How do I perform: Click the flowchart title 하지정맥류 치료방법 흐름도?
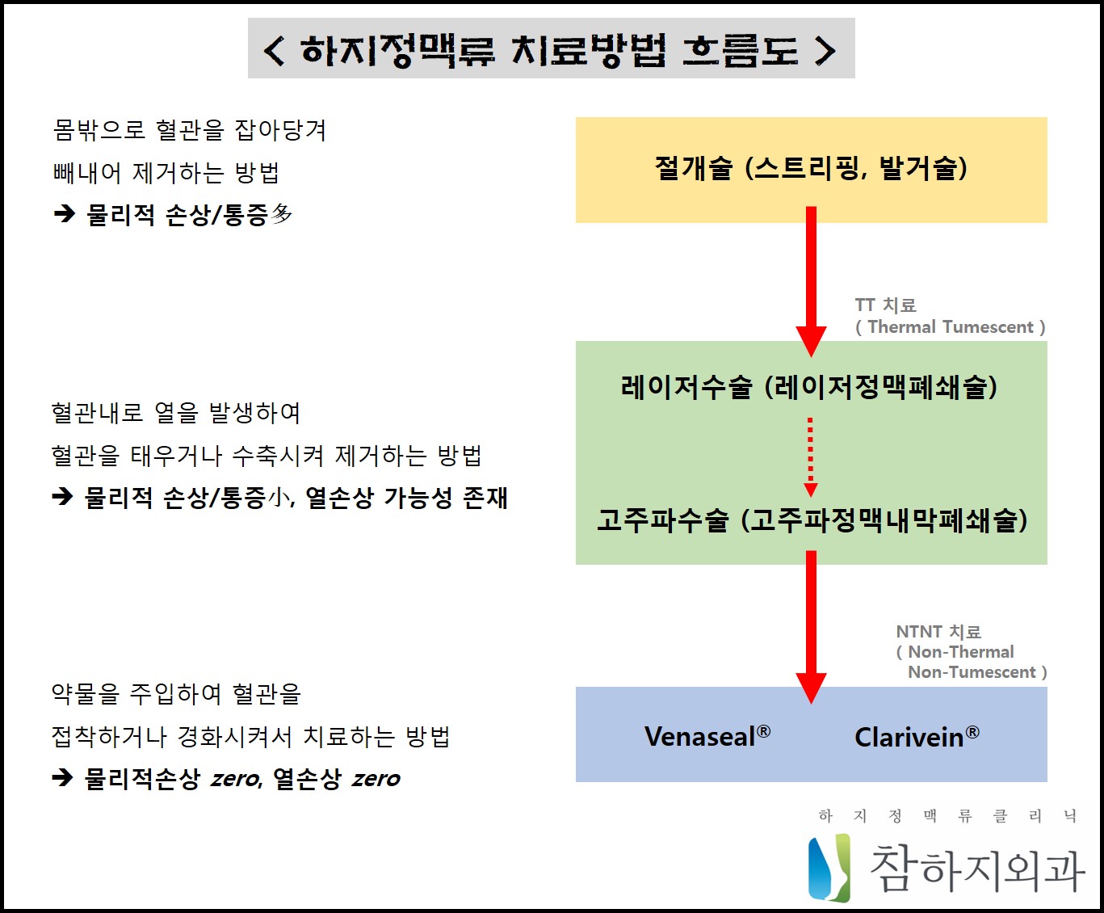click(x=551, y=50)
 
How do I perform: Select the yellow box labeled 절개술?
click(x=811, y=169)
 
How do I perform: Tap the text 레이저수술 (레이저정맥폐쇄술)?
click(x=809, y=387)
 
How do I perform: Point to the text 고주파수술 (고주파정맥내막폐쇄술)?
click(x=812, y=520)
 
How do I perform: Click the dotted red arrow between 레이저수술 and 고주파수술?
click(x=811, y=456)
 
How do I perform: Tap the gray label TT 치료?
click(x=885, y=305)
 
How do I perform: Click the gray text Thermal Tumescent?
click(x=950, y=327)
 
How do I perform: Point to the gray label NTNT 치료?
click(x=938, y=632)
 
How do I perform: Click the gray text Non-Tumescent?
click(x=972, y=672)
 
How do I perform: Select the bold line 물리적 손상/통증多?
click(x=189, y=215)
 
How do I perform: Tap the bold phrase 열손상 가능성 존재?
click(x=406, y=498)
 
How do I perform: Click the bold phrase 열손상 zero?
click(x=336, y=779)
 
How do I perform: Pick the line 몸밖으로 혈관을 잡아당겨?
click(x=189, y=130)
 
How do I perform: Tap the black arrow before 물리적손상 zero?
click(x=62, y=778)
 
